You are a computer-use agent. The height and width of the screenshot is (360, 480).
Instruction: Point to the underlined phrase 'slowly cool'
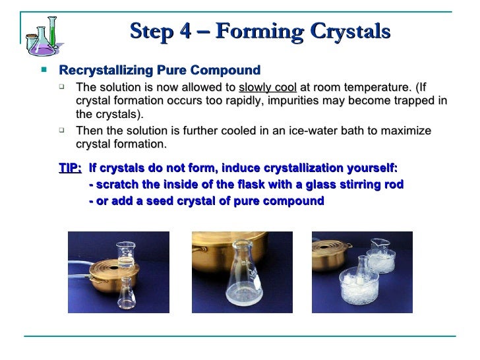(268, 88)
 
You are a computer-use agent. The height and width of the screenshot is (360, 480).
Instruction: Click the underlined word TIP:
(71, 168)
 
